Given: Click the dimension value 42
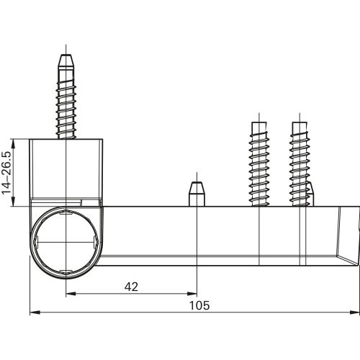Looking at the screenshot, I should coord(130,287).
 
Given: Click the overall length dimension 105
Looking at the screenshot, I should coord(199,305).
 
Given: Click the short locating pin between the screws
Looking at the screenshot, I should coord(197,194).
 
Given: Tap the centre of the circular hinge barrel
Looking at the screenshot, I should coord(66,239).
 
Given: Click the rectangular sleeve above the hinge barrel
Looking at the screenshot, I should coord(66,169).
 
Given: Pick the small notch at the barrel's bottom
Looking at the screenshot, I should coord(66,272).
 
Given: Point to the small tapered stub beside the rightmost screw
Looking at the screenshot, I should coord(310,193).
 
